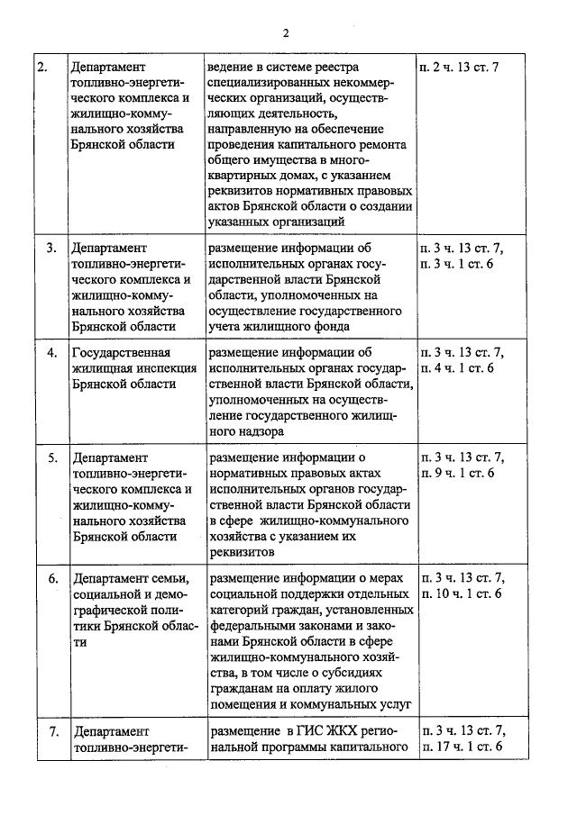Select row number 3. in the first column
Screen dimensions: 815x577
click(52, 246)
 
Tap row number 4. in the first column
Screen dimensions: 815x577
click(52, 351)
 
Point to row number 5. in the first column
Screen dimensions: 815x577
click(52, 457)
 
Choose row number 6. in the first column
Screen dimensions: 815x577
click(52, 577)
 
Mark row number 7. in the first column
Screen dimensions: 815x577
click(52, 730)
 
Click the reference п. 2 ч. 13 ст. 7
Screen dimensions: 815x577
click(458, 68)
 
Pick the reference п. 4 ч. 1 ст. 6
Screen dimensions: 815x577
click(457, 367)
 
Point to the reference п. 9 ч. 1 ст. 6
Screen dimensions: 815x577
click(457, 473)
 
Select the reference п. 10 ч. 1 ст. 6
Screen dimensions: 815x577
click(461, 593)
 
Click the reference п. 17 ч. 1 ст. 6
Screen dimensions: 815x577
click(461, 747)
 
